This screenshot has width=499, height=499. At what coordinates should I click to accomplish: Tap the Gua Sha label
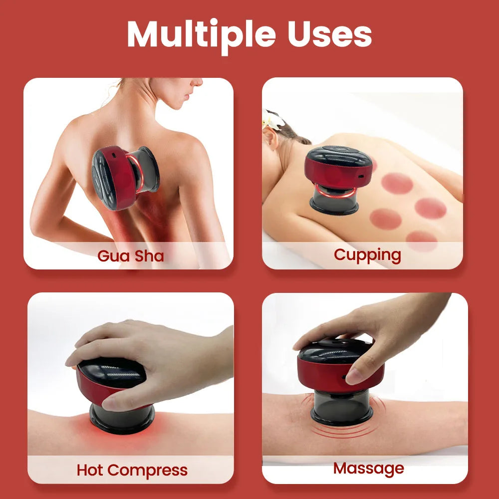point(131,255)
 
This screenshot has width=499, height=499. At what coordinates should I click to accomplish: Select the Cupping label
point(367,254)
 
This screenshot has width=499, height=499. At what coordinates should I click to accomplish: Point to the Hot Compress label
point(132,470)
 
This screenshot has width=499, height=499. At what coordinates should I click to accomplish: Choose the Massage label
point(368,468)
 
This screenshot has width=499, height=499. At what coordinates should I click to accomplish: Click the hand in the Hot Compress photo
point(150,359)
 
